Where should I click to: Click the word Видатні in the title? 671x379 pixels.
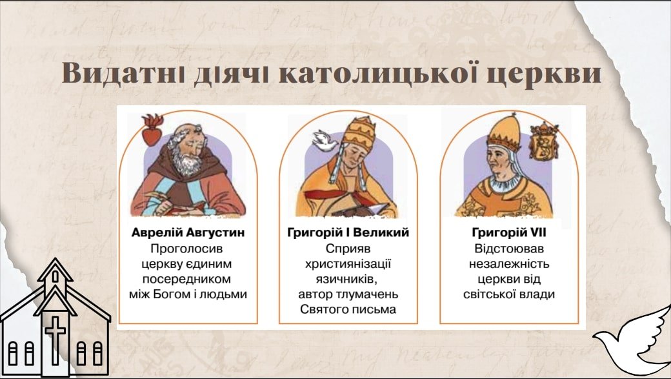123,73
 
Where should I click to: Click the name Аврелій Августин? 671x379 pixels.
188,232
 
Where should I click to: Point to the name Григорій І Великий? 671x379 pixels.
348,232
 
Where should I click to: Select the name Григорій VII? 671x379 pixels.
509,232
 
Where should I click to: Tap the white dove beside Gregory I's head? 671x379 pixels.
325,141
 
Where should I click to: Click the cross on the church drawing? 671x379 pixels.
55,340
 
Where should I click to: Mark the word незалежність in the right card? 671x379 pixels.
509,264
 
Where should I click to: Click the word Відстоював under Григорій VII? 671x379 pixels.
509,249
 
